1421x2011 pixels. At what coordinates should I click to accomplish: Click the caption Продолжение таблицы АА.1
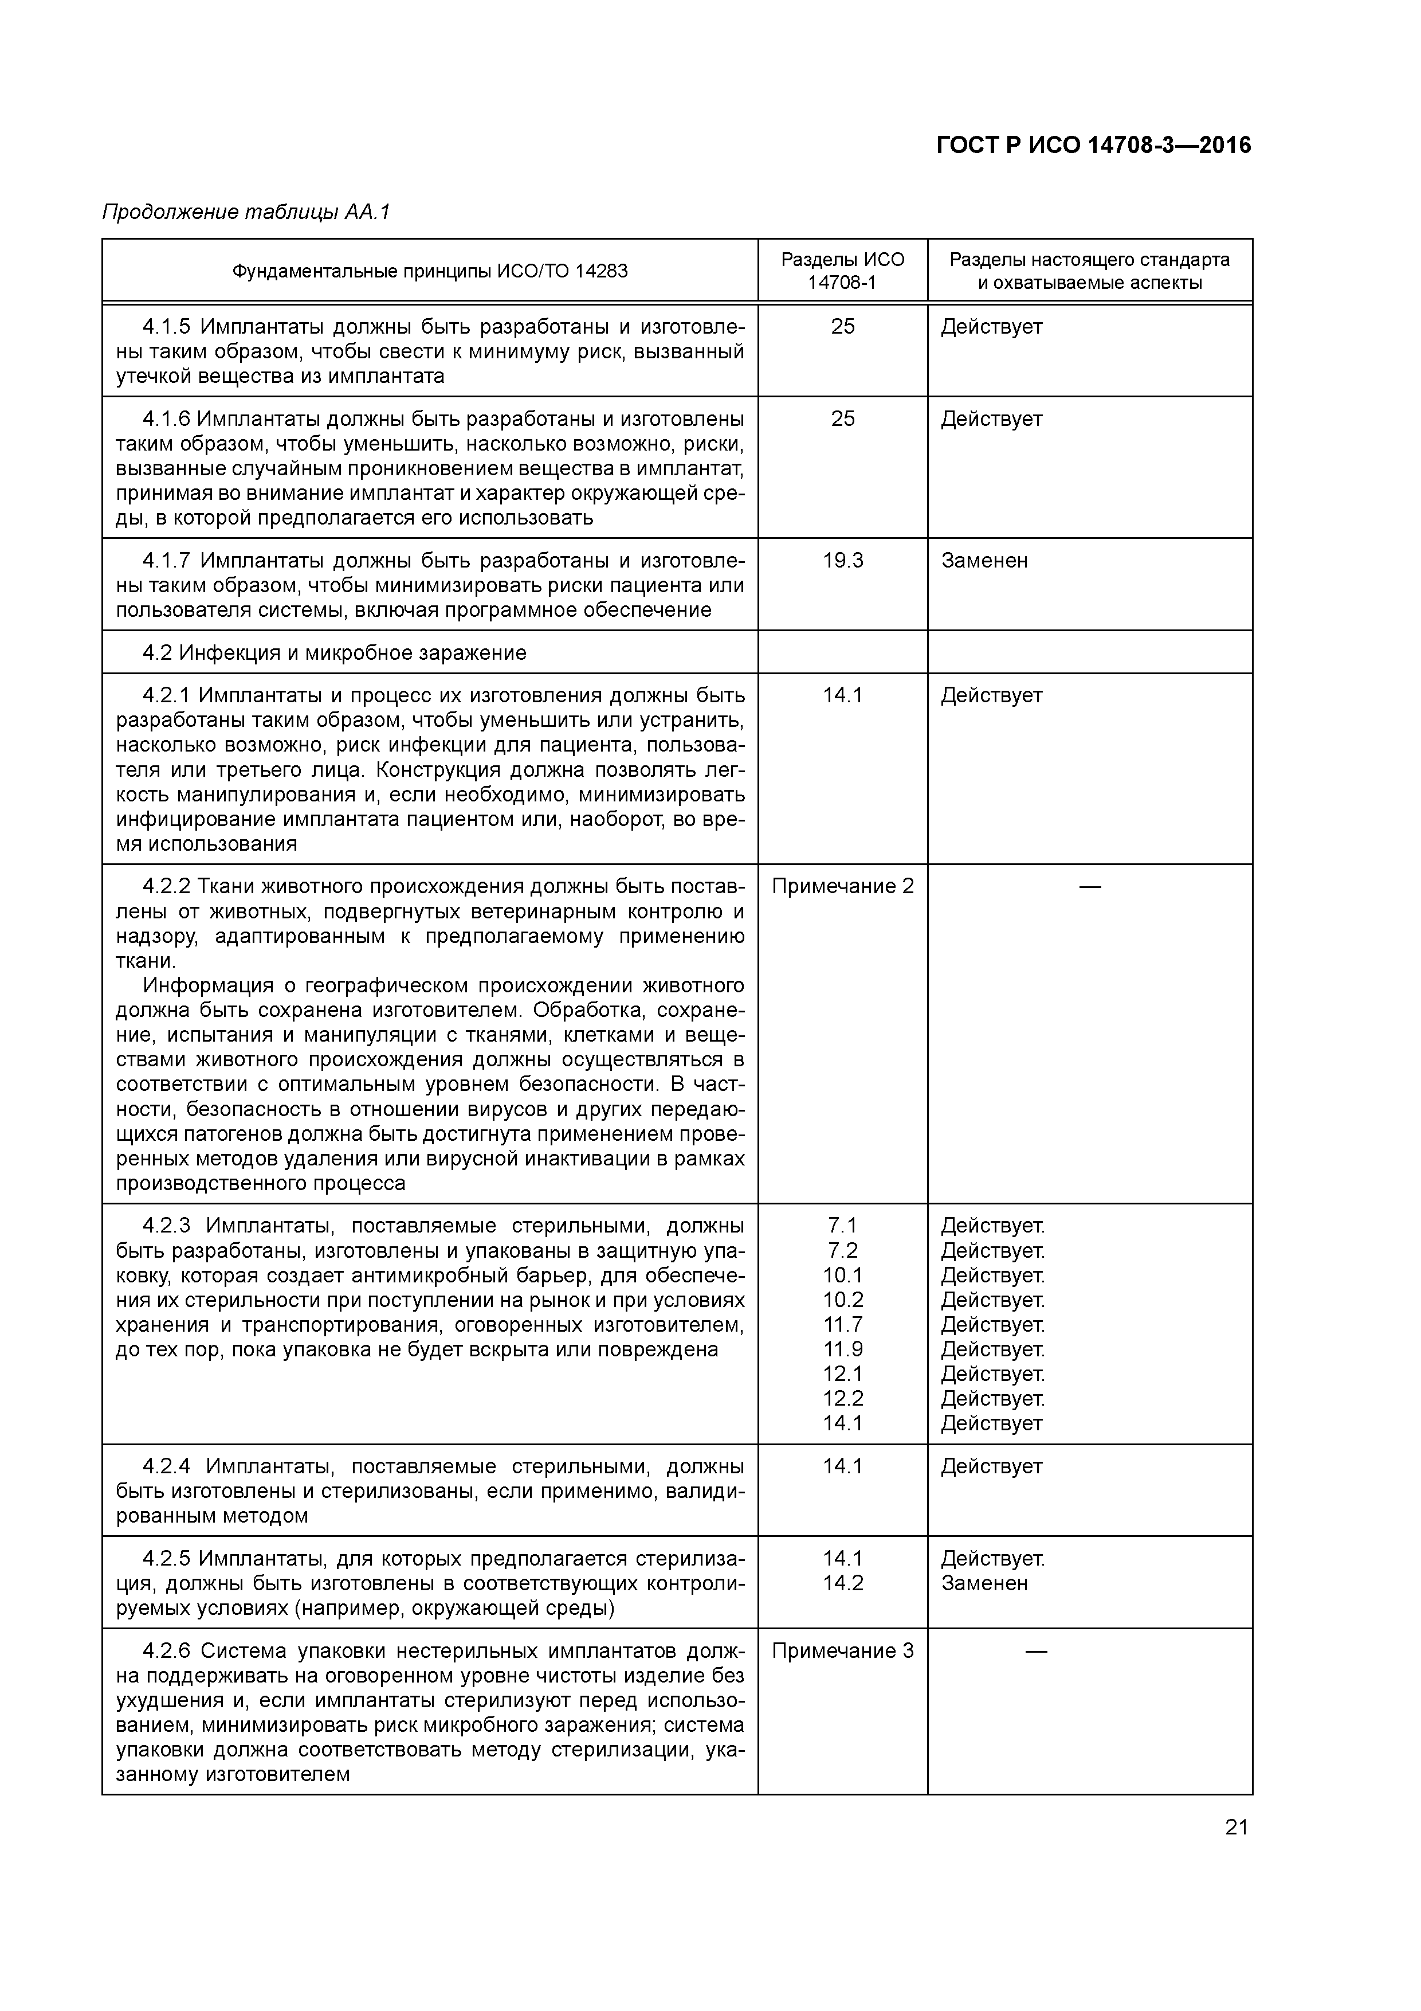click(246, 212)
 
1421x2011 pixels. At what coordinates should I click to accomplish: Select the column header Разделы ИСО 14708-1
click(842, 271)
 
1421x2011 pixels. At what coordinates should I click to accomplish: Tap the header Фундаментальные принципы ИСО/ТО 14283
click(430, 271)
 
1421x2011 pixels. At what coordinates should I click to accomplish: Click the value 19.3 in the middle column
click(842, 561)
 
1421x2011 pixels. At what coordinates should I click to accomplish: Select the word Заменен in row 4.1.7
click(984, 561)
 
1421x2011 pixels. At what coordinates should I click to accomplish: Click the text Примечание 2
click(842, 886)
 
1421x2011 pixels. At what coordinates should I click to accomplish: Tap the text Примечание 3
click(842, 1651)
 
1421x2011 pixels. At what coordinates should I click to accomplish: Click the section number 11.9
click(842, 1349)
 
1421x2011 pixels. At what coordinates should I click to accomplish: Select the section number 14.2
click(842, 1583)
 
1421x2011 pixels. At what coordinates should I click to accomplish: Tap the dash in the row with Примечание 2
click(1090, 886)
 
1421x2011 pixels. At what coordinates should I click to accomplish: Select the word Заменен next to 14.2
click(984, 1583)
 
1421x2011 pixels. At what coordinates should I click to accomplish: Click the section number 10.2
click(842, 1300)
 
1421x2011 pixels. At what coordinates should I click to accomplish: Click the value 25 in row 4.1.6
click(842, 418)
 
